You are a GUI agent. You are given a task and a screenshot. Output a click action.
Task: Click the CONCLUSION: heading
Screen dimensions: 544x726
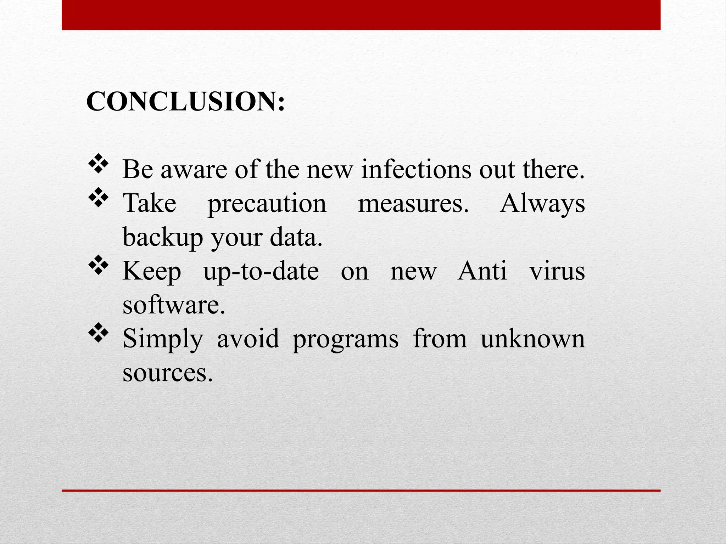tap(185, 101)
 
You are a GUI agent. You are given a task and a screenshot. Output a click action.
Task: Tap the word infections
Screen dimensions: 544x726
tap(416, 169)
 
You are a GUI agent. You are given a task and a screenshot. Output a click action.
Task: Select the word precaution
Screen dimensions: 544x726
tap(267, 204)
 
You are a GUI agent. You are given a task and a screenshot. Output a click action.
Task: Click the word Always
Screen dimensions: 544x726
tap(542, 204)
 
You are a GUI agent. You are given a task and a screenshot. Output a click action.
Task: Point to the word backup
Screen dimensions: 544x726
tap(163, 237)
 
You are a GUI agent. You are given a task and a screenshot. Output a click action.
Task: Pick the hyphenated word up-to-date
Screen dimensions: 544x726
tap(261, 271)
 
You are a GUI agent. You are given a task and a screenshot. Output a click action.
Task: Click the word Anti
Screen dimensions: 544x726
tap(482, 271)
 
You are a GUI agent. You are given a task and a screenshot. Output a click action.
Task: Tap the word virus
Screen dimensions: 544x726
tap(557, 271)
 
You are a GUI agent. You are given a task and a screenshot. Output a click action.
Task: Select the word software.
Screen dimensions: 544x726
tap(174, 305)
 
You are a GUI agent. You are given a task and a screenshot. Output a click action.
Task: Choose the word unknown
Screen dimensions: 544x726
tap(532, 339)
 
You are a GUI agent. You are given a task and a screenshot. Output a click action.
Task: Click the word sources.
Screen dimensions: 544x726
tap(168, 373)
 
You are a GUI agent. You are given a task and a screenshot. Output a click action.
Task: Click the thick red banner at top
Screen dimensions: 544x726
tap(361, 15)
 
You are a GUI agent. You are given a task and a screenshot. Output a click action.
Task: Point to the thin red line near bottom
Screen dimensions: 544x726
tap(361, 491)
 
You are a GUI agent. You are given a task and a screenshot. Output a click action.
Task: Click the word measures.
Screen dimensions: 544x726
tap(413, 204)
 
